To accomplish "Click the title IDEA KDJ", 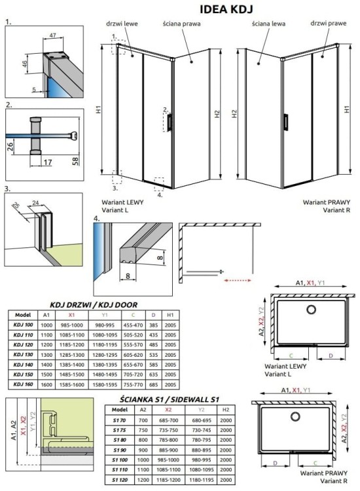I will pyautogui.click(x=225, y=9).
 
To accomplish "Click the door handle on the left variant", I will pyautogui.click(x=170, y=122).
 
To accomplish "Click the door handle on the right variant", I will pyautogui.click(x=285, y=122).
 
